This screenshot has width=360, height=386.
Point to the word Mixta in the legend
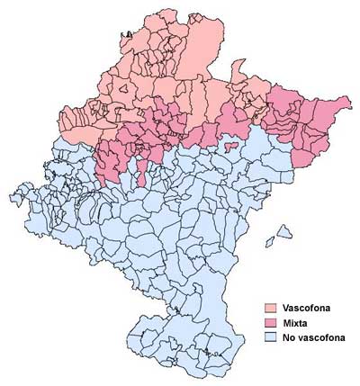click(x=295, y=323)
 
